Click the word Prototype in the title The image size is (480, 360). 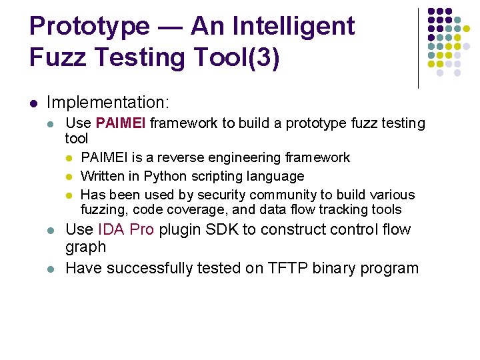90,27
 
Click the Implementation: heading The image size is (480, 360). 109,103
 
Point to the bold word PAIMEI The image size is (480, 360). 121,123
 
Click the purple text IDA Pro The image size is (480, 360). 126,229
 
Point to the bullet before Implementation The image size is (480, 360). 33,103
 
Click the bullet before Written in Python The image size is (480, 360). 70,177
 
